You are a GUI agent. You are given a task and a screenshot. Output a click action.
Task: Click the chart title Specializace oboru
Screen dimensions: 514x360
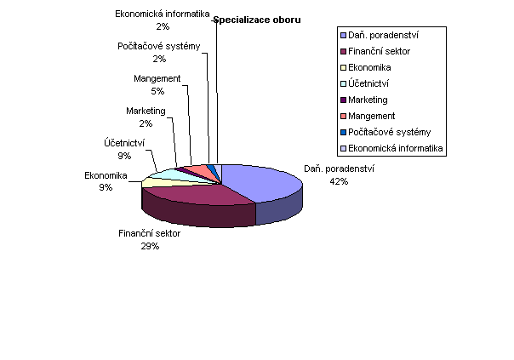pos(257,20)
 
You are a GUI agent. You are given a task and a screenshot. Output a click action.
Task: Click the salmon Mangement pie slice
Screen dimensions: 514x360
pos(200,170)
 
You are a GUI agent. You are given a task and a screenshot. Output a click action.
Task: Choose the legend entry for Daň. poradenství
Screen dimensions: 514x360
pos(380,35)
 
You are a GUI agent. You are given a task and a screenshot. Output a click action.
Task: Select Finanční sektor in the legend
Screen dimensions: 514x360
pos(375,51)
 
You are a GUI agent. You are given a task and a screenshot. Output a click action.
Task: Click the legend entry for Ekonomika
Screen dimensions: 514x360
pos(366,67)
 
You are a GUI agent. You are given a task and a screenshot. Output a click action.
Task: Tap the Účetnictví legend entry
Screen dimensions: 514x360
pos(364,83)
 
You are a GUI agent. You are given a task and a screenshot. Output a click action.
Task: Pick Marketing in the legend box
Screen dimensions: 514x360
pos(364,100)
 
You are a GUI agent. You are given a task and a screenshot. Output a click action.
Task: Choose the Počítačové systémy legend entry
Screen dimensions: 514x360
pos(385,132)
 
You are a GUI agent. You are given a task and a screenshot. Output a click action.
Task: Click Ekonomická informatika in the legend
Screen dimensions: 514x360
pos(391,148)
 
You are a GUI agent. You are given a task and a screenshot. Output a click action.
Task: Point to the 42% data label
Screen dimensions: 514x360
pos(339,181)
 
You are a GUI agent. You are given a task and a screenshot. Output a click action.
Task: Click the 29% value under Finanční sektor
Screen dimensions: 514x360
pos(150,246)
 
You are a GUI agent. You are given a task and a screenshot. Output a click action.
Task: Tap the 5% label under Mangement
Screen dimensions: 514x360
pos(157,91)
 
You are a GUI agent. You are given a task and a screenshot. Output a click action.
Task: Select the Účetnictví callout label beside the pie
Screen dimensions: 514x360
pos(124,143)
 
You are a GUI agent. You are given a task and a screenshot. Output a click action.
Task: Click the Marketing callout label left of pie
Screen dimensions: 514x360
pos(146,111)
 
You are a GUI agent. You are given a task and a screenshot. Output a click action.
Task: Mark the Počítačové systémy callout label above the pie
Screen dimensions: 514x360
pos(159,46)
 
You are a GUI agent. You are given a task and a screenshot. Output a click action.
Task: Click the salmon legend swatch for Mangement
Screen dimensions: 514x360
pos(344,116)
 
